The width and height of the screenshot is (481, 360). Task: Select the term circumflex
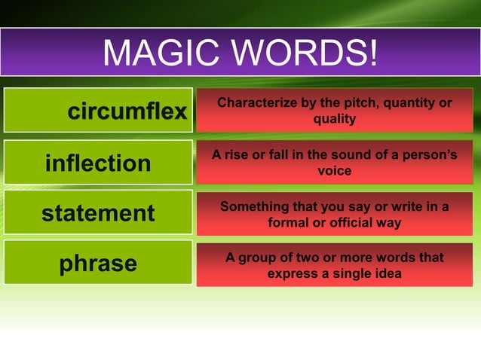(x=127, y=113)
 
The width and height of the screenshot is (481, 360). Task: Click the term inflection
(x=98, y=163)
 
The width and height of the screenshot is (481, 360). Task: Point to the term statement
(x=98, y=213)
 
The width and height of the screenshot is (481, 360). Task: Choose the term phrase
(x=99, y=264)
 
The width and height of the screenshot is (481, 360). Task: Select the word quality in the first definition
(x=335, y=118)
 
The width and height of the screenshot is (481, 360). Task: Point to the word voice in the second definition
(x=335, y=171)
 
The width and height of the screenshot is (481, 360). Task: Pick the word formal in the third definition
(x=290, y=223)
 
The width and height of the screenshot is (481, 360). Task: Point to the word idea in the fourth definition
(x=387, y=273)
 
